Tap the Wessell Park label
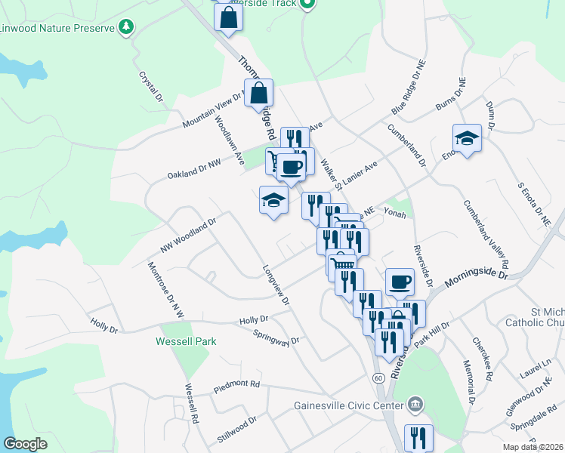[x=186, y=341]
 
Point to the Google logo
[x=25, y=444]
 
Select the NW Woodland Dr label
[x=188, y=236]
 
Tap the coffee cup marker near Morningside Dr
[x=400, y=282]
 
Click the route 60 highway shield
[x=377, y=376]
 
